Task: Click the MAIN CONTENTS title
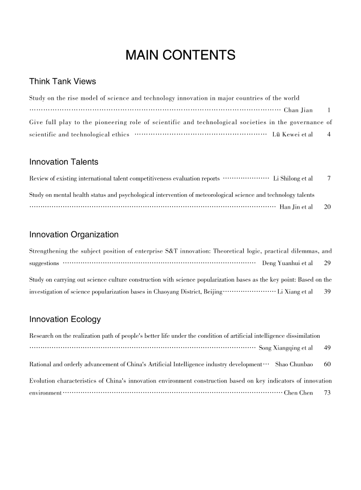tap(180, 56)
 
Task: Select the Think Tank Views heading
tap(62, 82)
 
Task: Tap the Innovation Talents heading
tap(64, 162)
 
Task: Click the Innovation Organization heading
tap(74, 234)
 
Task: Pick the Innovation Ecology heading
tap(65, 320)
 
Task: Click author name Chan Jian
tap(298, 110)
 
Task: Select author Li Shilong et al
tap(293, 179)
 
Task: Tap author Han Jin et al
tap(296, 207)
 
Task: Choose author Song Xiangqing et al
tap(286, 348)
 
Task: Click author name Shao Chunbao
tap(294, 364)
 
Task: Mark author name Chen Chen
tap(298, 393)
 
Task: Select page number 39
tap(328, 292)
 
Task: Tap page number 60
tap(328, 364)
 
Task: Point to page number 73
tap(328, 393)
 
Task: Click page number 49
tap(328, 348)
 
